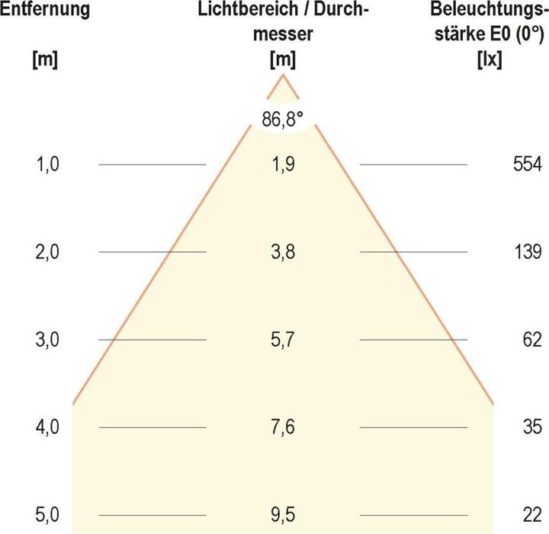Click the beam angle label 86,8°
coord(283,120)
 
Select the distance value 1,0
coord(47,164)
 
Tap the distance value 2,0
coord(47,251)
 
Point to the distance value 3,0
coord(47,340)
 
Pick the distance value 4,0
coord(47,427)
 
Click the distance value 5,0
coord(47,516)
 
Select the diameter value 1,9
coord(283,164)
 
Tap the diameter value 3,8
coord(283,251)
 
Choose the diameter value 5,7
coord(283,340)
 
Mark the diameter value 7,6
coord(283,427)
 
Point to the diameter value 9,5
coord(283,516)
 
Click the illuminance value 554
coord(527,164)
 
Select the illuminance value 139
coord(527,251)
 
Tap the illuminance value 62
coord(531,340)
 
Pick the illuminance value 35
coord(531,427)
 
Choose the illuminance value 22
coord(531,516)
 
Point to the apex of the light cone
coord(283,75)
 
